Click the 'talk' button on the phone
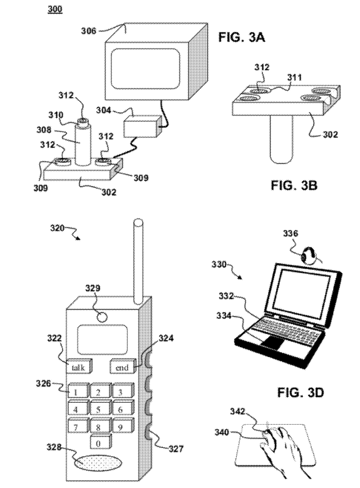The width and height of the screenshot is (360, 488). click(x=79, y=366)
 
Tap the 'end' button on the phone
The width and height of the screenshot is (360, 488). click(x=123, y=366)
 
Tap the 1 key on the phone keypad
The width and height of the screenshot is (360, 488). click(x=78, y=390)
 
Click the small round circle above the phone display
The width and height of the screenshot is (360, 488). click(x=102, y=317)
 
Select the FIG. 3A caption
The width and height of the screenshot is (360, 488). click(x=242, y=38)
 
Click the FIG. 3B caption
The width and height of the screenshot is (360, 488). click(x=294, y=185)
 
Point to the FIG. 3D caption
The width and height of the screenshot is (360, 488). click(x=301, y=393)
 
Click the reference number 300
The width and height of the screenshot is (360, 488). click(x=54, y=9)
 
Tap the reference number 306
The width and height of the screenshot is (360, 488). click(x=89, y=31)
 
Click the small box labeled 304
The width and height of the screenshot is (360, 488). click(x=143, y=127)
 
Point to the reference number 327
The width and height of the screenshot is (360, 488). click(x=176, y=449)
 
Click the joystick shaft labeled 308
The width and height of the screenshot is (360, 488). click(x=82, y=143)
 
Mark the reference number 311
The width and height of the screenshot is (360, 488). click(x=294, y=77)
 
